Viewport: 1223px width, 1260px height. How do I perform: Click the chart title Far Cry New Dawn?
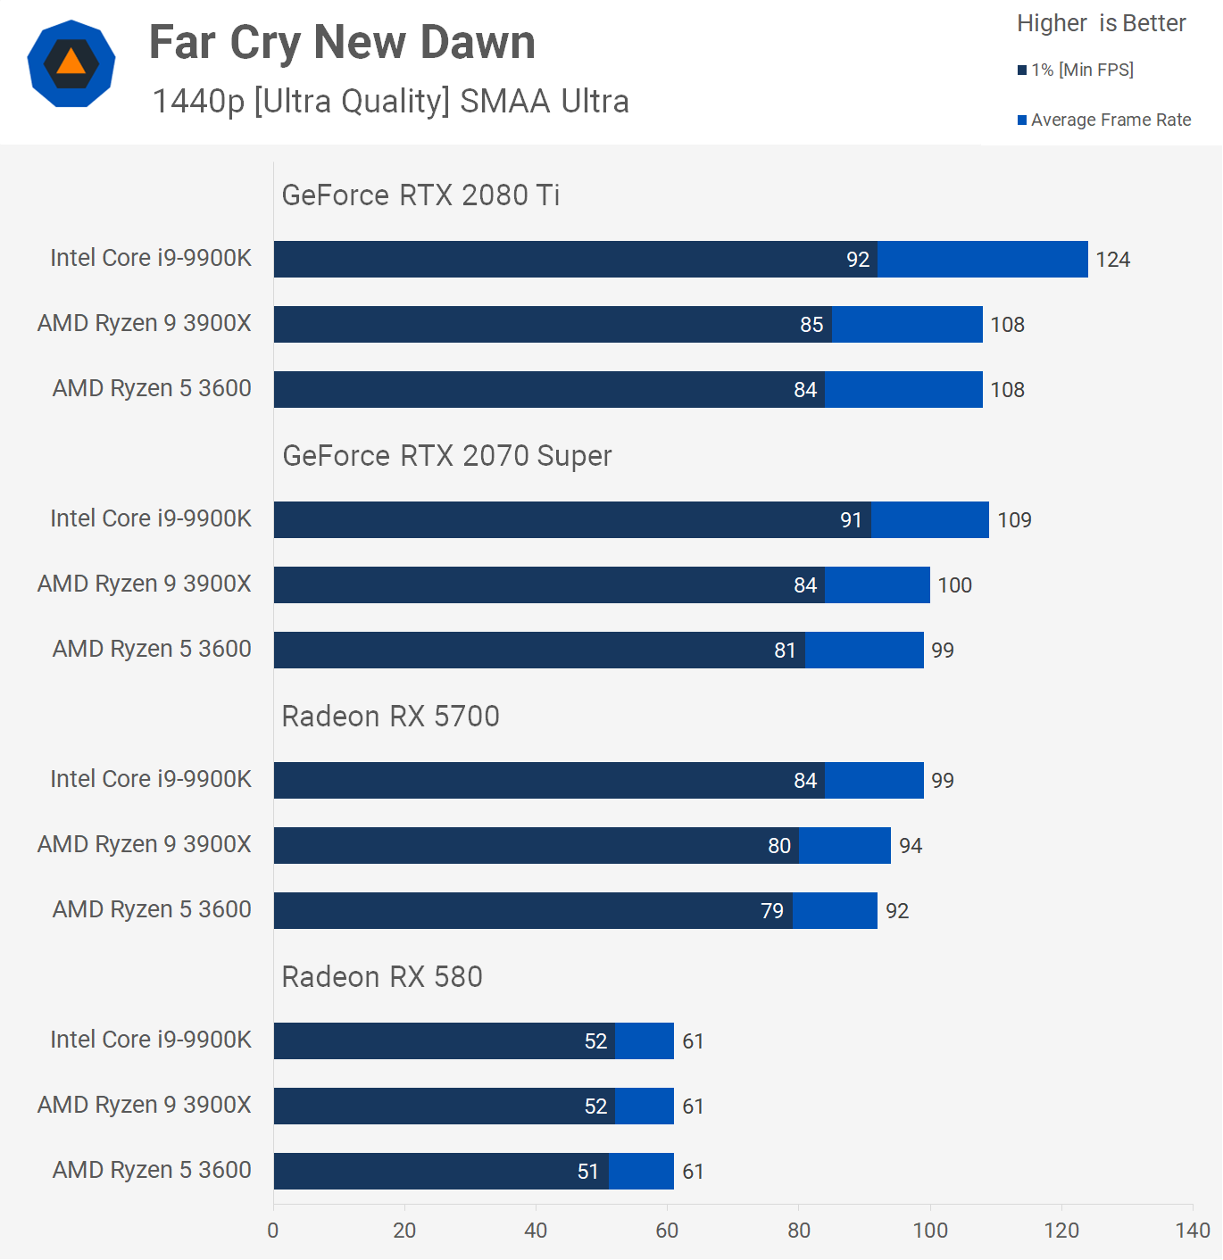click(342, 43)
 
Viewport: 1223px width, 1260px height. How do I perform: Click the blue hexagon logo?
click(71, 63)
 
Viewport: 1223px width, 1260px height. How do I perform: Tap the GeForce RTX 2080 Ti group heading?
click(420, 195)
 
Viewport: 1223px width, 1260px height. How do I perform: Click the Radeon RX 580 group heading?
click(382, 977)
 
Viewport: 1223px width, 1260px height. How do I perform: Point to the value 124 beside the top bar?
click(1112, 260)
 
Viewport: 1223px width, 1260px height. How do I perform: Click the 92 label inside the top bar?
click(858, 260)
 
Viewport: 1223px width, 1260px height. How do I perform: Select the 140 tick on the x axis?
click(1193, 1231)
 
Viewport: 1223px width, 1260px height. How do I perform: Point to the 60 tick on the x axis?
click(667, 1231)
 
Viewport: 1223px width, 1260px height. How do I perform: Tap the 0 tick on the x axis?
click(273, 1231)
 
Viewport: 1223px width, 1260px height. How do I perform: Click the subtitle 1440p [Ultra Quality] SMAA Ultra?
click(390, 102)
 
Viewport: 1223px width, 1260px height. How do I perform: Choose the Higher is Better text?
click(1101, 23)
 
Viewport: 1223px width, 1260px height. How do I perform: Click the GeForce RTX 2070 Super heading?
click(447, 456)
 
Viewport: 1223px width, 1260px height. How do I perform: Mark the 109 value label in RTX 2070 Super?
click(1014, 520)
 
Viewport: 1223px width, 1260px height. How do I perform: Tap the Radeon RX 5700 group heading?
click(390, 717)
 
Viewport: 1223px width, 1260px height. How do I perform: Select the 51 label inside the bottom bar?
click(587, 1172)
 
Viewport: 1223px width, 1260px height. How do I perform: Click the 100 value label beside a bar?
click(954, 585)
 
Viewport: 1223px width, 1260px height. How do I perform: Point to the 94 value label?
click(911, 846)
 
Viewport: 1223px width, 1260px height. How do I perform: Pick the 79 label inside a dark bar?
click(772, 911)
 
